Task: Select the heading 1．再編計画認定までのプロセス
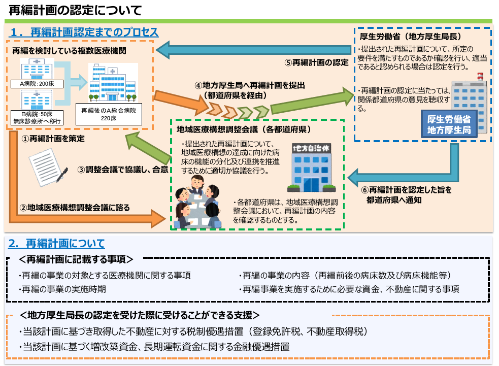(84, 32)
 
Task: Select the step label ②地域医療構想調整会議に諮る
(75, 207)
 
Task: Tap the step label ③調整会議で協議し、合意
(123, 170)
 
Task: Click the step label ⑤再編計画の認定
(316, 63)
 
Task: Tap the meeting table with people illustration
(197, 206)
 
